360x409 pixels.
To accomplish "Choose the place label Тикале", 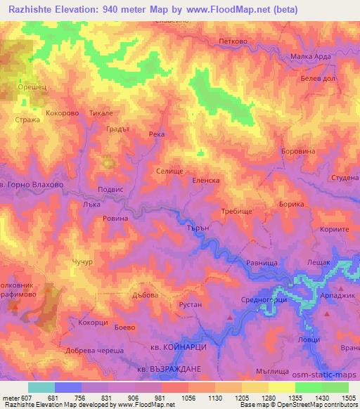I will point(101,112).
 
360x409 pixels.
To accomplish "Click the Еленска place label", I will point(206,181).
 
